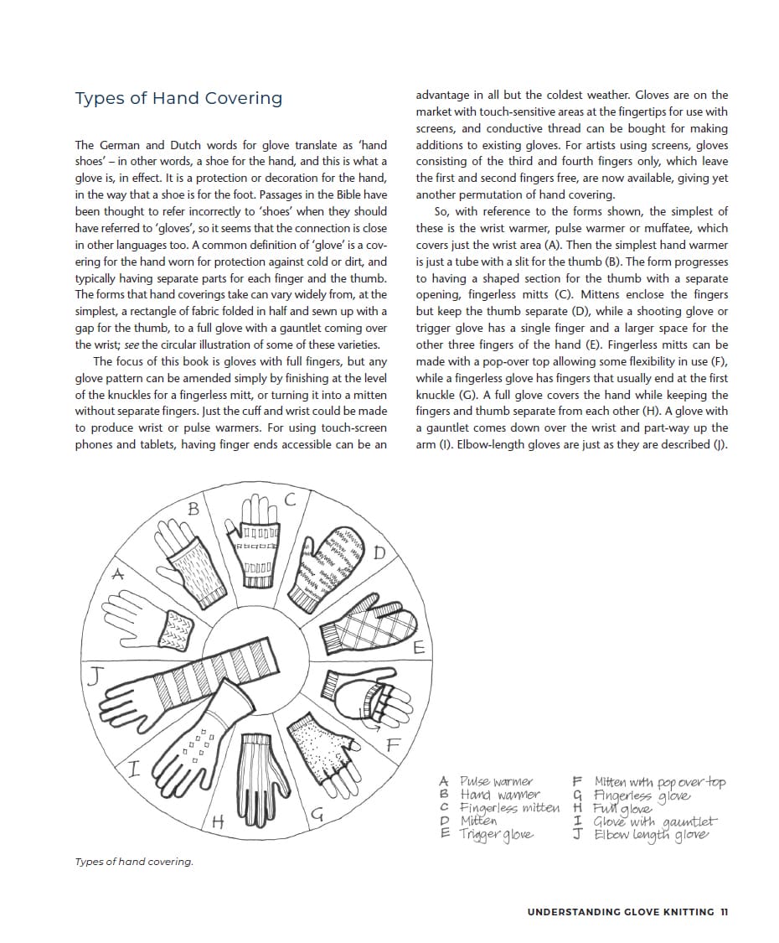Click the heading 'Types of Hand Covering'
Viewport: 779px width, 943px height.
(178, 98)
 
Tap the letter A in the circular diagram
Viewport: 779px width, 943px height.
(119, 574)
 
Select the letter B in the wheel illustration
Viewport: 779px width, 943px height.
(193, 508)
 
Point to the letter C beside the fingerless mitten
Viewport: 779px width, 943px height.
(290, 500)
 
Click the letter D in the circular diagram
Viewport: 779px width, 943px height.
(379, 552)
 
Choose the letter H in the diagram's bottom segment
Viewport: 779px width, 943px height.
(217, 821)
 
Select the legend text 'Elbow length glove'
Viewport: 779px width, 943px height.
(652, 835)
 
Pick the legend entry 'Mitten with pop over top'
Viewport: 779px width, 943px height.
(660, 782)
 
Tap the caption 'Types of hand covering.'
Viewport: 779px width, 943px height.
(134, 862)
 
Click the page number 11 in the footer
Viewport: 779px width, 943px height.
(724, 912)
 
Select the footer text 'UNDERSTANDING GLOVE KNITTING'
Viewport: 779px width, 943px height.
(621, 912)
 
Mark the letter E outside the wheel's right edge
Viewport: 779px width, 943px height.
(419, 648)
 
